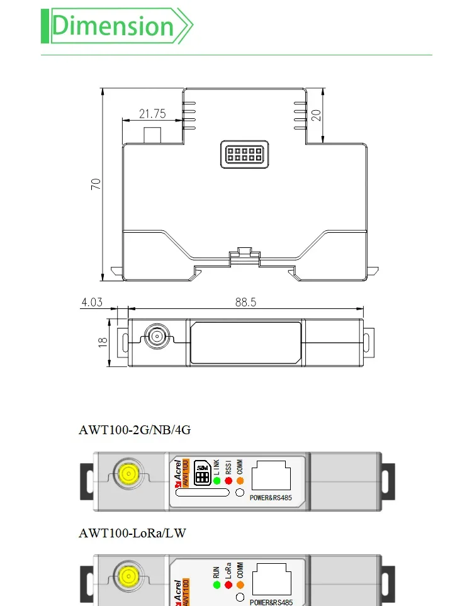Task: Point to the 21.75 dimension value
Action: coord(152,114)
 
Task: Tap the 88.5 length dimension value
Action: coord(245,303)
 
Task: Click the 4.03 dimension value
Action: coord(91,303)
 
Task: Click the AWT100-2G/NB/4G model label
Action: coord(134,430)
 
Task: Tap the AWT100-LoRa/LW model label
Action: coord(132,533)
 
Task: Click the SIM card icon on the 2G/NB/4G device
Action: coord(203,474)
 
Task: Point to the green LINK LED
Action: coord(216,481)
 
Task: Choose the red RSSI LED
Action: coord(228,481)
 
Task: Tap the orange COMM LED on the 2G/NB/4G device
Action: coord(240,481)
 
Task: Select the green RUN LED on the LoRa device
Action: coord(216,585)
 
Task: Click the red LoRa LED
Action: coord(228,585)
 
